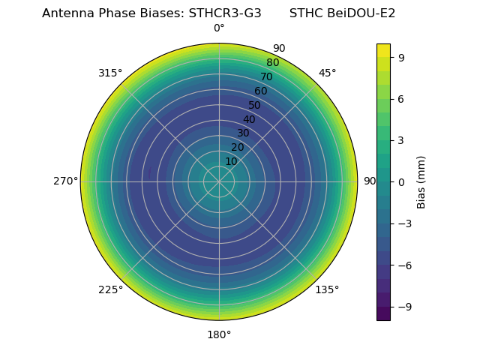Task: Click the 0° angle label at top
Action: coord(219,28)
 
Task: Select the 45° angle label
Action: coord(327,73)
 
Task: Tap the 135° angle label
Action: coord(327,289)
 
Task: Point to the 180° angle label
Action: coord(219,334)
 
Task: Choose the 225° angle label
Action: coord(110,289)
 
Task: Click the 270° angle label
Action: coord(65,181)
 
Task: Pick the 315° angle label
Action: coord(110,73)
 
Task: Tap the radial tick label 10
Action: coord(231,161)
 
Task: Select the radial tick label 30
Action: coord(243,133)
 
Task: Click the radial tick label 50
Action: coord(255,105)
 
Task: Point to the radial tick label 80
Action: coord(273,63)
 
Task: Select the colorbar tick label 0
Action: coord(402,182)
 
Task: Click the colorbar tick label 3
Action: coord(402,140)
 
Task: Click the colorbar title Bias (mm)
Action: coord(421,182)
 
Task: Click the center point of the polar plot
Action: coord(219,181)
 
